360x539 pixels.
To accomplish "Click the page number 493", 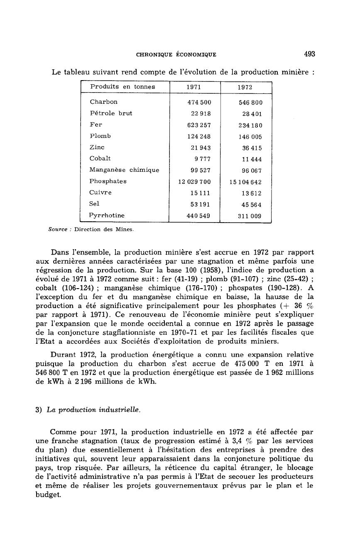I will (309, 54).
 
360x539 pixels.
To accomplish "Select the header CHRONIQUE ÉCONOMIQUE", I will (176, 54).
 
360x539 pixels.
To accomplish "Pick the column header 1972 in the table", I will (245, 87).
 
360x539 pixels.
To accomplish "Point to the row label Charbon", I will (103, 102).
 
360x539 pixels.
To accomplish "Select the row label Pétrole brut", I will (111, 113).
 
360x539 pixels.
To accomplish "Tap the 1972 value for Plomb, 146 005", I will (250, 137).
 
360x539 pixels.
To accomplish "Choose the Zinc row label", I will (97, 147).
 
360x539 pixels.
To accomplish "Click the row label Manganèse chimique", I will (124, 170).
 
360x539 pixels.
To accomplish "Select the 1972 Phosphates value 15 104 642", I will (245, 182).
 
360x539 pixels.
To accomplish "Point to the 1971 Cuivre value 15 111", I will (201, 193).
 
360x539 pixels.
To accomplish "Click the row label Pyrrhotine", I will (107, 216).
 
